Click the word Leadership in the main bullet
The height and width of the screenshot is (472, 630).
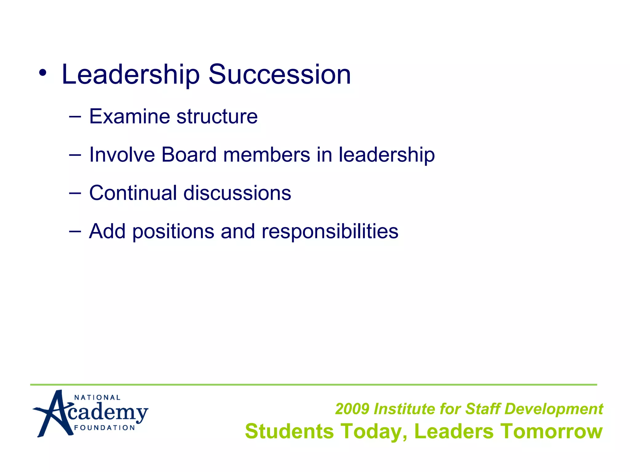130,75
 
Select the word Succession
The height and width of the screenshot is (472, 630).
280,75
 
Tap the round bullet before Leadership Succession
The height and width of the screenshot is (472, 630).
43,73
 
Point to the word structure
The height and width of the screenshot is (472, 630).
217,116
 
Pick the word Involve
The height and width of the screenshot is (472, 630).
122,155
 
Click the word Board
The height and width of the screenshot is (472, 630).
189,155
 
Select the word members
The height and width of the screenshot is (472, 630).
266,155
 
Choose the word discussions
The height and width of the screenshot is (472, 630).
237,193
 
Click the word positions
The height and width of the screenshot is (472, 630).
173,231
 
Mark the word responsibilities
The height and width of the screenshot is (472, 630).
330,231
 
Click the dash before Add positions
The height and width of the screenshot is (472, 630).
75,231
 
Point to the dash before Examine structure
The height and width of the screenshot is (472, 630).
75,116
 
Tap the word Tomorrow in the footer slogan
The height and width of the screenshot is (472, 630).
551,431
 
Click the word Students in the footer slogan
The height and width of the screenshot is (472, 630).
289,431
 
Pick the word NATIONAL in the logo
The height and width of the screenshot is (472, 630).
97,398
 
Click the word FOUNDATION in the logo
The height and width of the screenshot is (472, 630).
105,428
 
